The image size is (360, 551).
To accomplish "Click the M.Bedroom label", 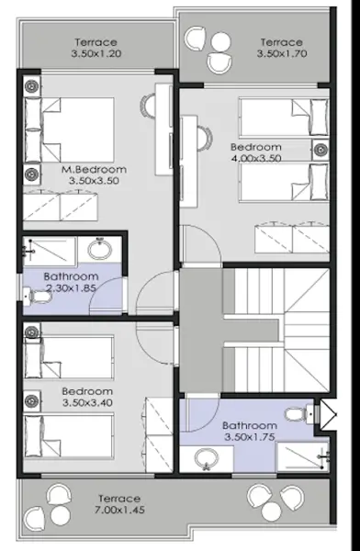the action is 94,169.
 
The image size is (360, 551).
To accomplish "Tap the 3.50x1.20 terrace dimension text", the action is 96,54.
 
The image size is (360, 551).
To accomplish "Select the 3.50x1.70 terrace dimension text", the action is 282,54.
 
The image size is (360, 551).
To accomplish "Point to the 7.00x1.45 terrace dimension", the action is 119,510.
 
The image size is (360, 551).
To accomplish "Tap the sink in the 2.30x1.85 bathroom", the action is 100,249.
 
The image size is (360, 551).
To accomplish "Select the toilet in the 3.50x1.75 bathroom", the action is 299,415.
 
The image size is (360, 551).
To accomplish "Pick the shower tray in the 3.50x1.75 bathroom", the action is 303,456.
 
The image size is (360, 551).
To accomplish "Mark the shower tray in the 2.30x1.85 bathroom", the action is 50,251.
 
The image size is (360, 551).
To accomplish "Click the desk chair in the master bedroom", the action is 148,107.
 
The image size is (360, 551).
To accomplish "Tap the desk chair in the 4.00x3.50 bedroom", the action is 205,138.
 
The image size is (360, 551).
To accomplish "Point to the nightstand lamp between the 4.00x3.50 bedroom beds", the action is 321,150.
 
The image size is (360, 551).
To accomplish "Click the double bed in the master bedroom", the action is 69,130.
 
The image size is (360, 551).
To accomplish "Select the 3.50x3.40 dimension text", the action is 87,403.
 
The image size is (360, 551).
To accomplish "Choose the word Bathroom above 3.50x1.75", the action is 250,426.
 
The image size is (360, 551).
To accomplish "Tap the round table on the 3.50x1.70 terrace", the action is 220,42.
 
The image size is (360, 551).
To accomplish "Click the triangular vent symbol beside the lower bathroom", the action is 327,414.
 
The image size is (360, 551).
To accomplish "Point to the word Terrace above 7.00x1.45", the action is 119,499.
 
